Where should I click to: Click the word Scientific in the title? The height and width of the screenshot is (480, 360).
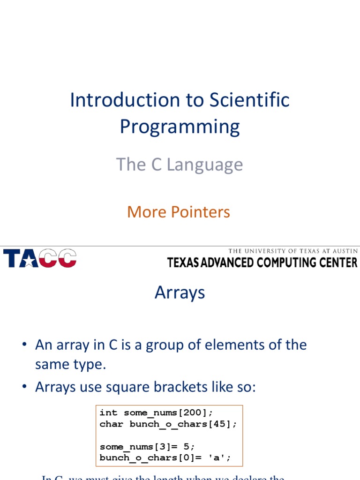[249, 100]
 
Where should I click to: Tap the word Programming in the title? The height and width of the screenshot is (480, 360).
[180, 127]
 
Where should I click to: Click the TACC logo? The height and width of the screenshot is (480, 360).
[40, 258]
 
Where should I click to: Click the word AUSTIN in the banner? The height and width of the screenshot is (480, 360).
[344, 251]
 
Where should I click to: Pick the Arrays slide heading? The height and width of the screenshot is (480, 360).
[180, 292]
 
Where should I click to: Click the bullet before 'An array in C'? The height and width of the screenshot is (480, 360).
[24, 345]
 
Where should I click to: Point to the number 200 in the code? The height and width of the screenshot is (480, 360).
[193, 413]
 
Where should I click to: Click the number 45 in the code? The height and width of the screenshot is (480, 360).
[219, 424]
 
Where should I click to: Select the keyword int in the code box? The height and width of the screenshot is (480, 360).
[108, 413]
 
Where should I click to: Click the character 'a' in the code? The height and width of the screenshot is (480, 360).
[215, 458]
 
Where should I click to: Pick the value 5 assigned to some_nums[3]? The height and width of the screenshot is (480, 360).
[187, 447]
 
